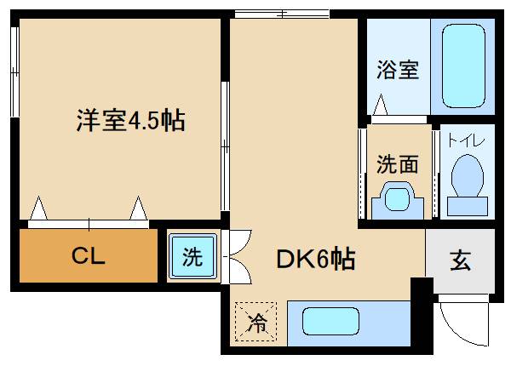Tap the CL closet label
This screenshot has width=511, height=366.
tap(88, 256)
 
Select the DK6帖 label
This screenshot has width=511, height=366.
tap(314, 257)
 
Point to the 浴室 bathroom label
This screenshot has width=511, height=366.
tap(398, 70)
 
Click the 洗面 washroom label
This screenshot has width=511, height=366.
tap(398, 163)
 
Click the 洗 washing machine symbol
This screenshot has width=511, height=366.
tap(193, 257)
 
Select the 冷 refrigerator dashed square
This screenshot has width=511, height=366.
tap(257, 322)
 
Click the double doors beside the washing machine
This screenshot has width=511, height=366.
tap(234, 257)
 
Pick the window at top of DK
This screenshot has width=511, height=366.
tap(281, 13)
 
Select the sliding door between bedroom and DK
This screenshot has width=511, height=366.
tap(225, 145)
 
